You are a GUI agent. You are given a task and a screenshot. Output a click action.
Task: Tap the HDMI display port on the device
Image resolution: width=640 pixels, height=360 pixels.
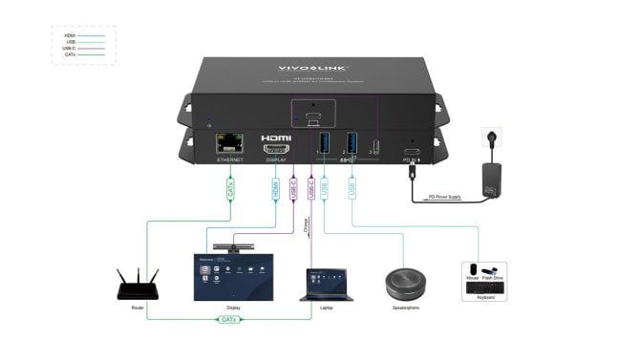tap(276, 148)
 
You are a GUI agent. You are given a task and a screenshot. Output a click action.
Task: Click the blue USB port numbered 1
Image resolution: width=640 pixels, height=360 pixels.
tap(324, 143)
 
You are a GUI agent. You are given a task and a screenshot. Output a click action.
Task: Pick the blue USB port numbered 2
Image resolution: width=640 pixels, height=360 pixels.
tap(352, 143)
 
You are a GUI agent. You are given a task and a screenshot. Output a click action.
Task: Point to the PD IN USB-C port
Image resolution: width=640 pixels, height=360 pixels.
tap(411, 153)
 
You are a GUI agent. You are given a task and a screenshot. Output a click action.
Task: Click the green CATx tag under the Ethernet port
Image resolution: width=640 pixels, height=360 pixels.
tap(231, 189)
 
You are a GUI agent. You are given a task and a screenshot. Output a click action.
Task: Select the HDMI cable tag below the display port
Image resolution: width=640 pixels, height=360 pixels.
tap(276, 189)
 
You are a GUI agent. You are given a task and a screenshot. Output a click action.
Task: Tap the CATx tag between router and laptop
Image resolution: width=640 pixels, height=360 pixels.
tap(226, 319)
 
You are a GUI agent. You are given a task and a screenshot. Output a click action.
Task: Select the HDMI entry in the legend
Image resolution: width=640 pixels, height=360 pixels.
tap(71, 35)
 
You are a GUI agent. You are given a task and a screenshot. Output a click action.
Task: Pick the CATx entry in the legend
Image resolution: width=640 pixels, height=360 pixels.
tap(71, 55)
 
